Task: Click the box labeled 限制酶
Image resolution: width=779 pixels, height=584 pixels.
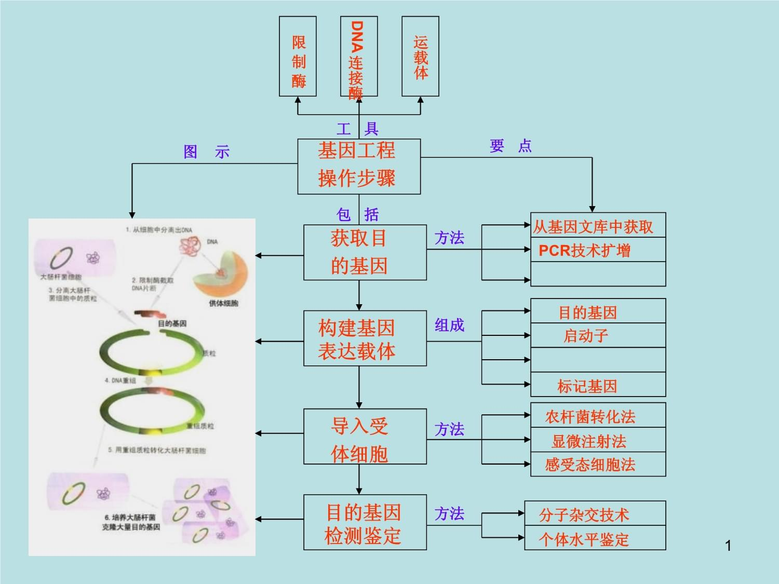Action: click(x=298, y=56)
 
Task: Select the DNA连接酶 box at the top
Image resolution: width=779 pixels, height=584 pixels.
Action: click(x=358, y=56)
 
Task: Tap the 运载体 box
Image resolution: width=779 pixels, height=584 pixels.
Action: click(x=420, y=56)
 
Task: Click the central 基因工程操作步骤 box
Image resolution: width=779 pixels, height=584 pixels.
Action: click(x=358, y=166)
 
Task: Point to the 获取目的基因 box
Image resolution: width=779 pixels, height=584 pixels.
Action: click(x=365, y=252)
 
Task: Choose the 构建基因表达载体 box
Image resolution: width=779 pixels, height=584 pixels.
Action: click(x=365, y=338)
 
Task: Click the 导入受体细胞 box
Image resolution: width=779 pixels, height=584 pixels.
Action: click(x=365, y=436)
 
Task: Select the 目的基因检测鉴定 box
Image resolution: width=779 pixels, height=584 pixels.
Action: click(x=365, y=523)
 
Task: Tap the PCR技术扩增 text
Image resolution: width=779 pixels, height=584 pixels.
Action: click(x=584, y=251)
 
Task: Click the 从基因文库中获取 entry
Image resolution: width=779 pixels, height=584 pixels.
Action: click(x=593, y=226)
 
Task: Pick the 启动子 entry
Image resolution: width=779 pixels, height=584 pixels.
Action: click(x=586, y=336)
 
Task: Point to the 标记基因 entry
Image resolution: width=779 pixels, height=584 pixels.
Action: click(x=587, y=386)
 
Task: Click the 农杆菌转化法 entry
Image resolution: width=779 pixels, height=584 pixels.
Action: click(x=590, y=416)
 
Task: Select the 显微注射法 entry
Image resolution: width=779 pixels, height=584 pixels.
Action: click(x=589, y=441)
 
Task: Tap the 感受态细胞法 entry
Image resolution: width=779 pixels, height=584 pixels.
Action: click(x=590, y=465)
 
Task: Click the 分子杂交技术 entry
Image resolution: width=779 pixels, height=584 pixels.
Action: click(x=584, y=514)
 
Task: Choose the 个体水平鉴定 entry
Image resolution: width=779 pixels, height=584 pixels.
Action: click(x=584, y=539)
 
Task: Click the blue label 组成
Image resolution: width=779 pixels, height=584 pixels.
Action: click(x=449, y=325)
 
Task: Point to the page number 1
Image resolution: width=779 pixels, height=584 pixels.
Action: click(x=728, y=545)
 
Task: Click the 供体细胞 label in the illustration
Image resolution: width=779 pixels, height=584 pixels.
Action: click(x=223, y=303)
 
